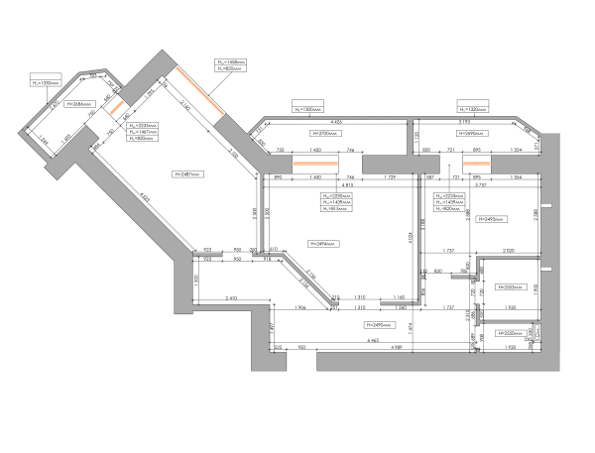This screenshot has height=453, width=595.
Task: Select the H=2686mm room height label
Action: click(x=79, y=102)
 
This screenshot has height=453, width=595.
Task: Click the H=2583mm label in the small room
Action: click(x=508, y=286)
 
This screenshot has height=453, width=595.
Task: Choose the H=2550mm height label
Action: click(x=515, y=334)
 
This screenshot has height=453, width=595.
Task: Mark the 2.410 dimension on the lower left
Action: click(x=231, y=297)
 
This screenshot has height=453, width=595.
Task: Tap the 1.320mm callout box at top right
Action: click(x=471, y=108)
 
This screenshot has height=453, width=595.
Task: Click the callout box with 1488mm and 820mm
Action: click(x=231, y=65)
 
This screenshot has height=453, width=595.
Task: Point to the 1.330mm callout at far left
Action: click(x=48, y=83)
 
